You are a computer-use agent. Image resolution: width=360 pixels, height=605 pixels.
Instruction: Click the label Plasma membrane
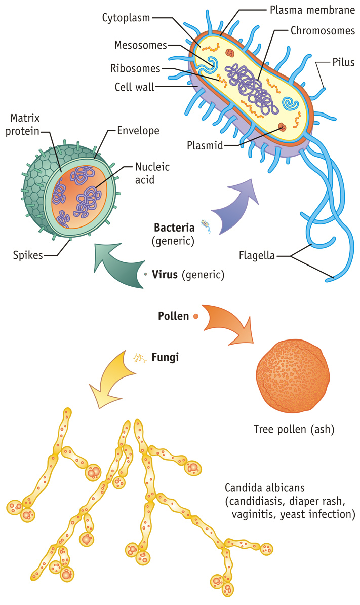(x=311, y=9)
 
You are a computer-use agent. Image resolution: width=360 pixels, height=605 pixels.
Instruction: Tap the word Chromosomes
(x=323, y=31)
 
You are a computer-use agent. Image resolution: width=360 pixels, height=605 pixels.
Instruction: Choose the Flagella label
(x=257, y=255)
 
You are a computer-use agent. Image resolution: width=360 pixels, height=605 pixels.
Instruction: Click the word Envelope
(x=138, y=131)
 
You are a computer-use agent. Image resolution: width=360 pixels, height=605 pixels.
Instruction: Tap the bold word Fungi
(x=165, y=357)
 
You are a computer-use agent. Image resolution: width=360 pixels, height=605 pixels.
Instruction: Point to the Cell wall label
(x=134, y=86)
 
